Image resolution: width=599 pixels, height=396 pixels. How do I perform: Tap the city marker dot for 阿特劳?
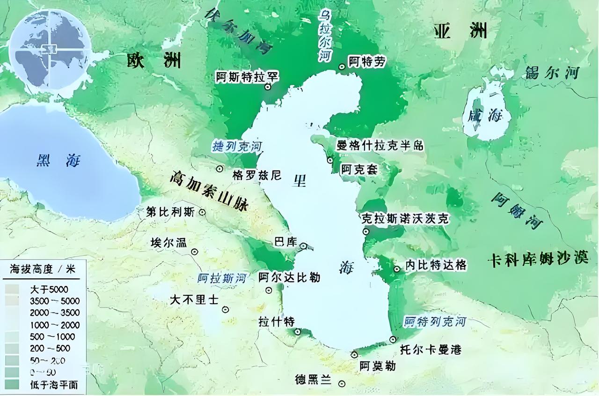(x=342, y=67)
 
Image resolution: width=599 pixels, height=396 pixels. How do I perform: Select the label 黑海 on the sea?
(x=58, y=161)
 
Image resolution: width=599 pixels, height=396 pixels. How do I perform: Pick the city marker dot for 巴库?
(x=303, y=246)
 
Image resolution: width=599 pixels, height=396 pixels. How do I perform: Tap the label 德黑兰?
(x=314, y=380)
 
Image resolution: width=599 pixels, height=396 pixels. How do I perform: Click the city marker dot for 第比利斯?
(x=202, y=212)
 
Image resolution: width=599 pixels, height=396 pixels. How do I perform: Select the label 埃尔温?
(x=168, y=243)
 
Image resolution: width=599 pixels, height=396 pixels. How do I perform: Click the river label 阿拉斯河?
(x=222, y=277)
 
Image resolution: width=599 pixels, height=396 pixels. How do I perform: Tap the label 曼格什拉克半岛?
(x=380, y=145)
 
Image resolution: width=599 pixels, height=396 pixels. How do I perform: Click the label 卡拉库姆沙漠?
(x=538, y=259)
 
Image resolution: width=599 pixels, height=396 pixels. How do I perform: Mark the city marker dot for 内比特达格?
(x=397, y=269)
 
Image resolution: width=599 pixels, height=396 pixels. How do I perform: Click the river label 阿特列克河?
(x=435, y=321)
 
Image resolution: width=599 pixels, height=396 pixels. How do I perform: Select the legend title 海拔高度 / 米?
(x=43, y=269)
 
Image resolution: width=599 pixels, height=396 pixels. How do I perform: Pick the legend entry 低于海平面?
(x=52, y=385)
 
